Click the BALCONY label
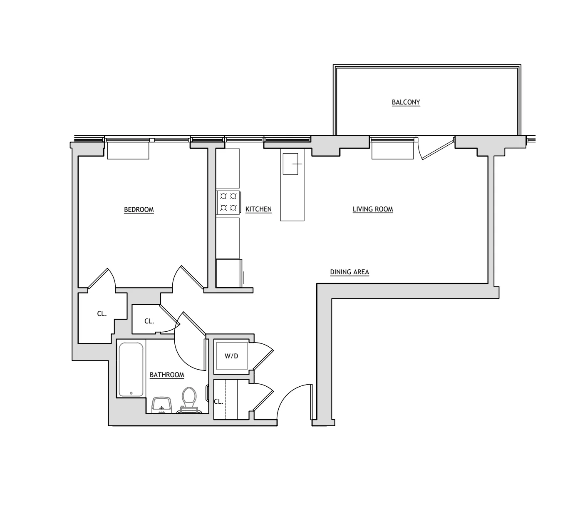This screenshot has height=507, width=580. (406, 102)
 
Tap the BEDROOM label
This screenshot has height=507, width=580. (139, 210)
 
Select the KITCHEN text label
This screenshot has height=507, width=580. (258, 209)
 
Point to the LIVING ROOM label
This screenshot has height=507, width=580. (373, 209)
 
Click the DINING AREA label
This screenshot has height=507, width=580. (349, 272)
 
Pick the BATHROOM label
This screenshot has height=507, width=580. (167, 375)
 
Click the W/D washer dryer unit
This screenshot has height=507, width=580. (231, 356)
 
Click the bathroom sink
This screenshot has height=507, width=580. (161, 404)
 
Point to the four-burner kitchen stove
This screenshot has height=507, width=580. (228, 201)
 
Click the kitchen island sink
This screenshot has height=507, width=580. (290, 164)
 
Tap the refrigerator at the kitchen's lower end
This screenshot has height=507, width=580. (229, 273)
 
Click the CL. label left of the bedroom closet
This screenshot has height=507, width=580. (102, 314)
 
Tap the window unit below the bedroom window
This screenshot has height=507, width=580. (128, 151)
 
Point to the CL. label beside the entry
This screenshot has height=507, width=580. (218, 402)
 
